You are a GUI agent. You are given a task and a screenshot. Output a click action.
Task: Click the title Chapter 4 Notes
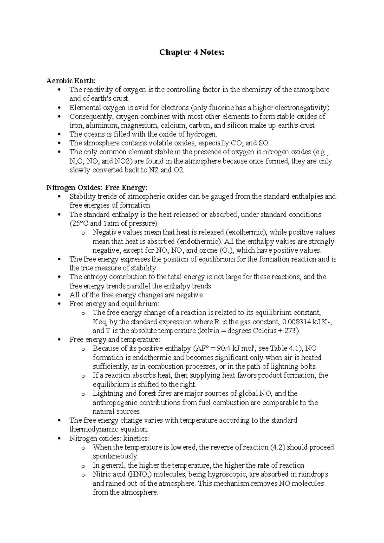point(192,53)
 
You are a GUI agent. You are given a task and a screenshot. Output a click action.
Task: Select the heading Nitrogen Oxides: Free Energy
point(97,187)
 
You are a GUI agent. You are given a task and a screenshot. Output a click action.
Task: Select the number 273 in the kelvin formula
point(292,331)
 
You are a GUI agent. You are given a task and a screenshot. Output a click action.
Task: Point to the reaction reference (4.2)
point(278,447)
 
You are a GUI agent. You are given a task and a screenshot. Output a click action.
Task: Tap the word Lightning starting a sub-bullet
point(108,393)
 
